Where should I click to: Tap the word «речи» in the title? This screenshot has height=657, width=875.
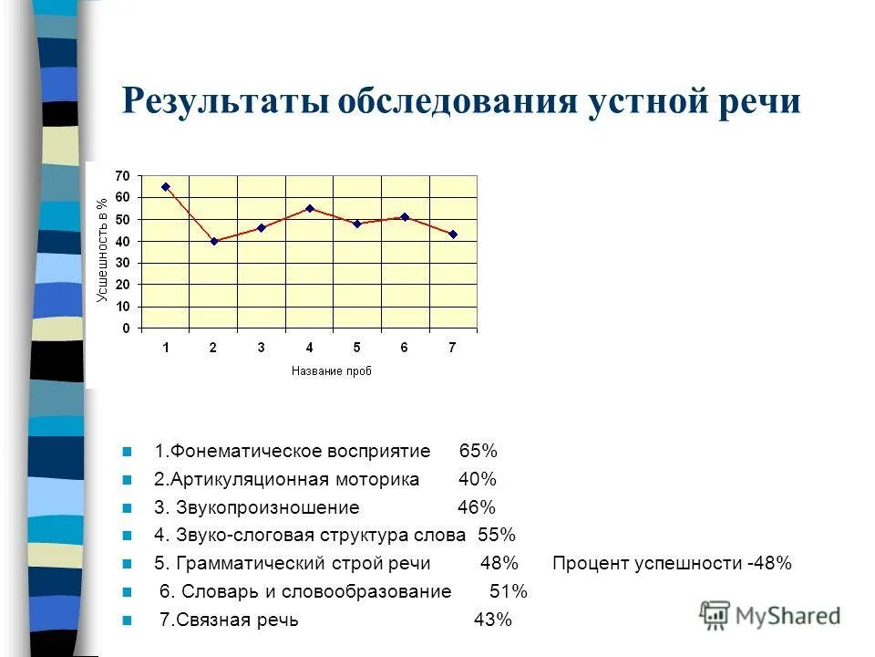pos(756,101)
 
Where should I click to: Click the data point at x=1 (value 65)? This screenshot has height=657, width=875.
pos(165,186)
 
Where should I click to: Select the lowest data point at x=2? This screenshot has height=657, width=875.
pos(213,241)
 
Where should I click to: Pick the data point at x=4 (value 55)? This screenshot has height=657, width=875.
pos(310,208)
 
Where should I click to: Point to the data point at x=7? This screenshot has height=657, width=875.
pos(453,235)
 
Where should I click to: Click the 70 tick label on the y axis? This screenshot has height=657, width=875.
pos(122,175)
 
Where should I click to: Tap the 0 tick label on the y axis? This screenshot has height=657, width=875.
pos(126,328)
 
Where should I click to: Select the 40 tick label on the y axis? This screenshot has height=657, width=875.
pos(122,241)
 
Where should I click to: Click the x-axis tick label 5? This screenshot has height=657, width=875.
pos(357,347)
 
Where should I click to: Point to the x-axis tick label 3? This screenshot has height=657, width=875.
pos(262,347)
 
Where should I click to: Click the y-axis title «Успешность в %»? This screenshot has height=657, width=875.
pos(102,250)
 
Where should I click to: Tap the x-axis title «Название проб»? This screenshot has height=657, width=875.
pos(332,370)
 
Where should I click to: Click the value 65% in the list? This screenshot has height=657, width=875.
pos(478,452)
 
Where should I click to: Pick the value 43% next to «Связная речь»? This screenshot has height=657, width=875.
pos(492,620)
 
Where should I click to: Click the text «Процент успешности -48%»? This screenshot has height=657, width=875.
pos(672,564)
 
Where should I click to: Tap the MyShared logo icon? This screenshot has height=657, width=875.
pos(715,614)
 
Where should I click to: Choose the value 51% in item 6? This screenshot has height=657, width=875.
pos(509,591)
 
